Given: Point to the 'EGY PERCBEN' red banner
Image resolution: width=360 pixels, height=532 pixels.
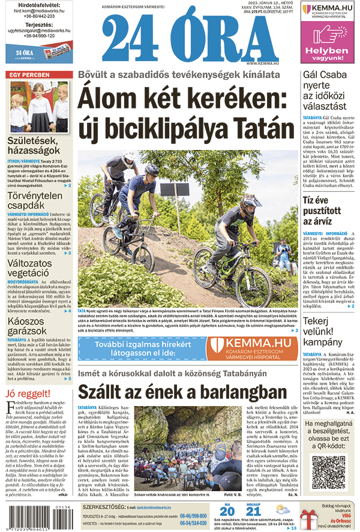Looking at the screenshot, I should point(30,74).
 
